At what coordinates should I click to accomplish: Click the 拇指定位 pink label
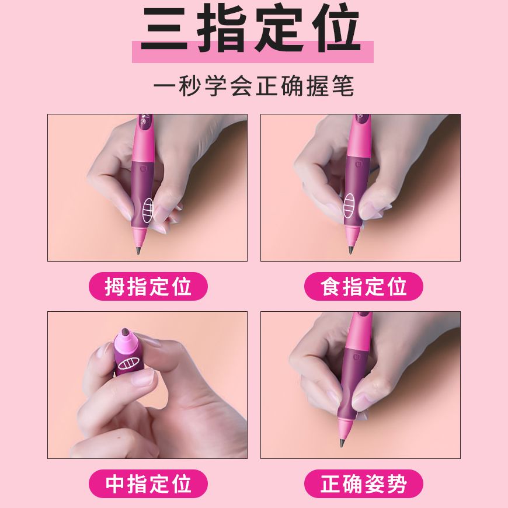(x=148, y=286)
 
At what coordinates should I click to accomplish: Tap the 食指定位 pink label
(x=364, y=286)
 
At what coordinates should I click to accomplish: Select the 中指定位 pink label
(x=148, y=483)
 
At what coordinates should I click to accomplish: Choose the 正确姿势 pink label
(x=364, y=483)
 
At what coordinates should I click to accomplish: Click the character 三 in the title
(x=165, y=29)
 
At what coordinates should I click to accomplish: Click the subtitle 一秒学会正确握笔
(x=253, y=86)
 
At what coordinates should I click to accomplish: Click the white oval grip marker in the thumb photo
(x=148, y=210)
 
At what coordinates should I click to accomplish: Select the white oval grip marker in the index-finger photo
(x=349, y=206)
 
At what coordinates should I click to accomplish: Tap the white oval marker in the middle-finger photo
(x=128, y=364)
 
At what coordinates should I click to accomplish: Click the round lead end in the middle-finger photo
(x=125, y=333)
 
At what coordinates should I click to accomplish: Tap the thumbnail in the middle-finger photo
(x=142, y=377)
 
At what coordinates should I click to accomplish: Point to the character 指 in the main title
(x=221, y=29)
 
